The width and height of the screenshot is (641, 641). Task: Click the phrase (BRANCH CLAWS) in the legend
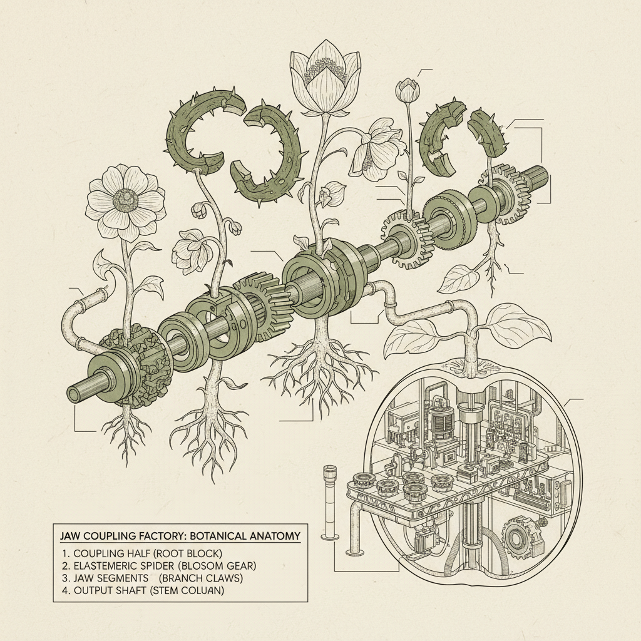tap(201, 578)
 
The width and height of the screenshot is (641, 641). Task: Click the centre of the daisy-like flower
tap(125, 199)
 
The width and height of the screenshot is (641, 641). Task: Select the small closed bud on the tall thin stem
tap(407, 91)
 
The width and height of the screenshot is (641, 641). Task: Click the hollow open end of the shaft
tap(74, 395)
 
